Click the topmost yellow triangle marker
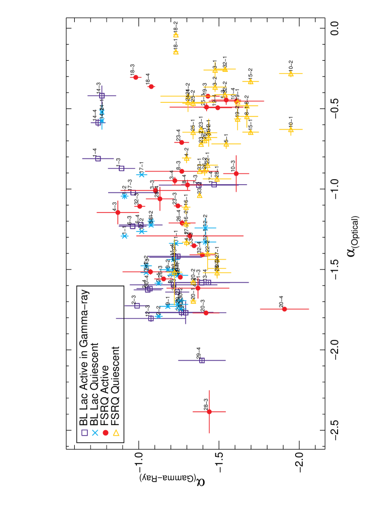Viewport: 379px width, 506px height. [176, 35]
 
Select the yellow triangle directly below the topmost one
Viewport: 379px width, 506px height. [176, 52]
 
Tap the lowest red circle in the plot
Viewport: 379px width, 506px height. [209, 411]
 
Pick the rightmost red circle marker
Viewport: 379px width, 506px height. [285, 309]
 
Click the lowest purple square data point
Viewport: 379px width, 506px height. [202, 360]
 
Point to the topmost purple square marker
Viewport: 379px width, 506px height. [102, 96]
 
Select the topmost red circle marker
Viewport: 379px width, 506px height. [135, 77]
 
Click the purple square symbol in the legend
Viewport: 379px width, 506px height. [84, 433]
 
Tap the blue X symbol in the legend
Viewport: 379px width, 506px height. [95, 433]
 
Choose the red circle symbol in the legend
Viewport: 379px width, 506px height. [106, 433]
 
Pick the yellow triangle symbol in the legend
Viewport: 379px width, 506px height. [116, 433]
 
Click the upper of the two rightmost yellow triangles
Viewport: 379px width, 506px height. [291, 74]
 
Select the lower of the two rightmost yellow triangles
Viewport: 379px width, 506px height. [291, 130]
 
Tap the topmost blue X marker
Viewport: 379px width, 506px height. [102, 112]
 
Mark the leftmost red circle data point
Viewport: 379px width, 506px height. [118, 213]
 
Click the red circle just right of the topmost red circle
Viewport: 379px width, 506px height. [151, 87]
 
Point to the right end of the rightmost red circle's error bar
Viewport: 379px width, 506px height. [309, 309]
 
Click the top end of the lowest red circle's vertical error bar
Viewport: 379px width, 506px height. [209, 390]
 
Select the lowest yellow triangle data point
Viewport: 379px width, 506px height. [193, 301]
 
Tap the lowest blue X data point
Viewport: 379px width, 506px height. [159, 316]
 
